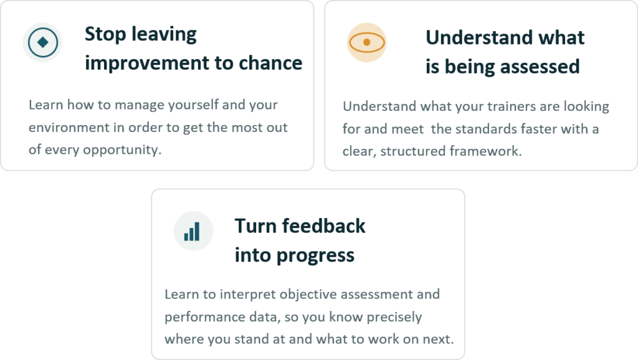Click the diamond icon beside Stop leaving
pyautogui.click(x=42, y=42)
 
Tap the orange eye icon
pyautogui.click(x=366, y=42)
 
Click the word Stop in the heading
pyautogui.click(x=105, y=35)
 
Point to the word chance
pyautogui.click(x=270, y=63)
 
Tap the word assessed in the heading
pyautogui.click(x=540, y=67)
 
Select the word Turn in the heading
pyautogui.click(x=255, y=226)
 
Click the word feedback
pyautogui.click(x=324, y=225)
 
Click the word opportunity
pyautogui.click(x=122, y=150)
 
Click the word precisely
pyautogui.click(x=394, y=317)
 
